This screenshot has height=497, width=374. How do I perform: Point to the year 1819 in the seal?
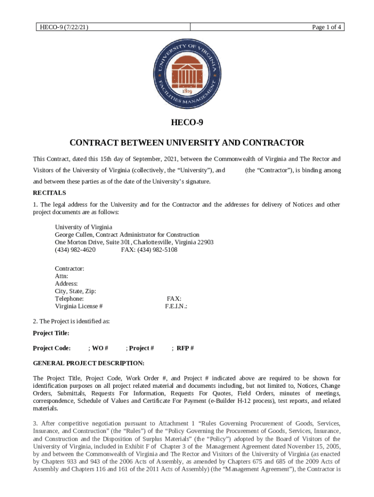tap(187, 91)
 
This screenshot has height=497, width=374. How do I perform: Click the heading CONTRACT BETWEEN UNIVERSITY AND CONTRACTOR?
tap(187, 143)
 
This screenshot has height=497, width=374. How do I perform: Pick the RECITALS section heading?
tap(50, 193)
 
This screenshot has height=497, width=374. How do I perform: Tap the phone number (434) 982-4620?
tap(75, 250)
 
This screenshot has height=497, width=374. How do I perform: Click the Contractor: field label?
tap(69, 268)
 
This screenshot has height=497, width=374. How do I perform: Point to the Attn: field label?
tap(62, 276)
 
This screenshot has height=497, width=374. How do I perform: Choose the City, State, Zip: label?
tap(75, 291)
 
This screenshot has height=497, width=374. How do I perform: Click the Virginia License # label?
tap(79, 306)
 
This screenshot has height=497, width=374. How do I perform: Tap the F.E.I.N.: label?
tap(176, 306)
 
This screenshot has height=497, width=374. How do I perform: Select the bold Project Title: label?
tap(51, 333)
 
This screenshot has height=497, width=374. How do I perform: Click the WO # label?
tap(100, 348)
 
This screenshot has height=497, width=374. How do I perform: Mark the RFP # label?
tap(185, 348)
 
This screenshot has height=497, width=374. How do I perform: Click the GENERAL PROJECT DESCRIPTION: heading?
tap(88, 363)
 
